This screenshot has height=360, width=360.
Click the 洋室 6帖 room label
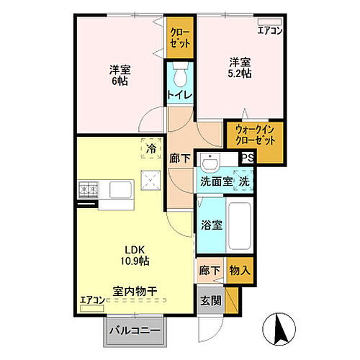(119, 76)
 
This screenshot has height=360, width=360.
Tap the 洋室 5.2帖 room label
(240, 68)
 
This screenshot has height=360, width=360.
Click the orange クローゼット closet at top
(181, 37)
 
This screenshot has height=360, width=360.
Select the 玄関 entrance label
(210, 300)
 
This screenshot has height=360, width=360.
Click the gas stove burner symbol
(89, 190)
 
